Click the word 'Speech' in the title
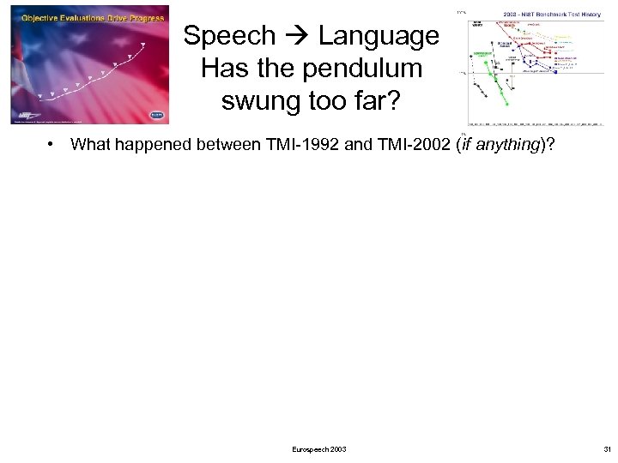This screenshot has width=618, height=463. tap(229, 36)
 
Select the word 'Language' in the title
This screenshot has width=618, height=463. tap(379, 36)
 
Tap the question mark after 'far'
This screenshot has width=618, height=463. tap(391, 100)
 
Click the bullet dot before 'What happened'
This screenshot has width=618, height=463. tap(52, 145)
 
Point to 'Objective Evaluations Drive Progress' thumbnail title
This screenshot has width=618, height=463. tap(70, 16)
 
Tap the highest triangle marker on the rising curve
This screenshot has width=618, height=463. tap(143, 44)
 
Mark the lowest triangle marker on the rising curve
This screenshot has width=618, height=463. tap(39, 94)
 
